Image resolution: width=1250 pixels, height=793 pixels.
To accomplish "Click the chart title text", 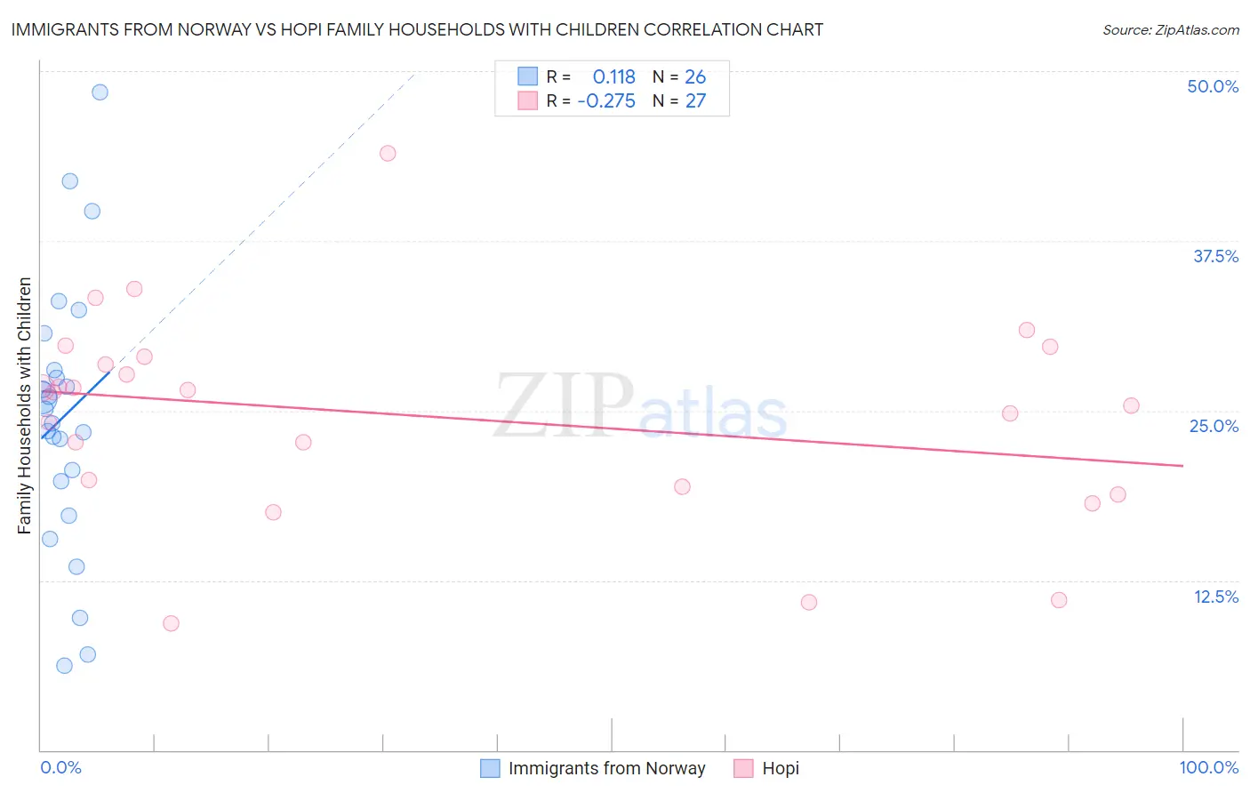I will coord(417,29).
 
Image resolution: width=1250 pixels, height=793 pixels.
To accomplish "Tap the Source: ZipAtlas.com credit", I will coord(1170,29).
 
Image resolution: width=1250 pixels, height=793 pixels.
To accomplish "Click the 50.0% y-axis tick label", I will coord(1213,86).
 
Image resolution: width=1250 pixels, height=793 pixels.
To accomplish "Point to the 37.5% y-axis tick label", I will coord(1215,256).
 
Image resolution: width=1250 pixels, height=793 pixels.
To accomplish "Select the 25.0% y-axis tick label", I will coord(1214,426).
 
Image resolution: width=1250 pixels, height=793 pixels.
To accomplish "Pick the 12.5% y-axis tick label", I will coord(1215,597).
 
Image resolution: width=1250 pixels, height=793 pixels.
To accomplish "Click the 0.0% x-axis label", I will coord(60,767).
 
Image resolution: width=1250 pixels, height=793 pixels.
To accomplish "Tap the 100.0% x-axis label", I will coord(1208,767).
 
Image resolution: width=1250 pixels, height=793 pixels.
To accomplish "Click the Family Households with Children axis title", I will coord(25,405).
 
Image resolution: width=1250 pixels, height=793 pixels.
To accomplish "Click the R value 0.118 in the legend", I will coord(613,77).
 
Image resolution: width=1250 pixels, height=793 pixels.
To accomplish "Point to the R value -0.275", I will coord(606,101).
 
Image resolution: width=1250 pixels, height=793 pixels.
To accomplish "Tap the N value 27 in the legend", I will coord(695,101).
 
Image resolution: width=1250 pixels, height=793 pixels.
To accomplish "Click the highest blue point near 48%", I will coord(100,92).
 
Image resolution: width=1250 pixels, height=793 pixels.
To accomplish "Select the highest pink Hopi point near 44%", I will coord(388,153).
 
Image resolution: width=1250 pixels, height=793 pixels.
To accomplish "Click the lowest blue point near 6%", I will coord(64,666).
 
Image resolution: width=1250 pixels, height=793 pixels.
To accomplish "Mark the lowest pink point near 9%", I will coord(171,623).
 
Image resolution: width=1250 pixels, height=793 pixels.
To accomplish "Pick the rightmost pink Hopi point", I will coord(1131,405).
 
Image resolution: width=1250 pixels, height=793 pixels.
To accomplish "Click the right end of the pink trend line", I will coord(1182,465).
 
